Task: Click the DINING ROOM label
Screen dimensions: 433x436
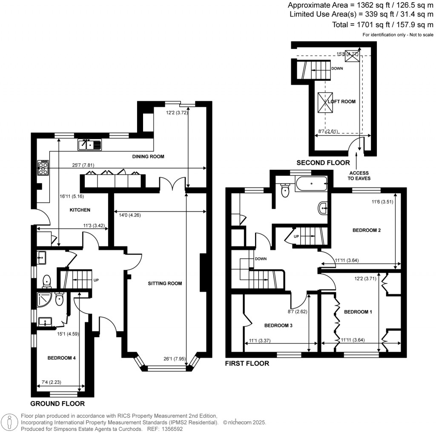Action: coord(148,157)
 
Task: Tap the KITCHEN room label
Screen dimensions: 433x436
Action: coord(80,210)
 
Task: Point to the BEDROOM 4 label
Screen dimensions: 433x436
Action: coord(61,358)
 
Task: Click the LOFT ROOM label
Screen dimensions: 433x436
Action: coord(341,102)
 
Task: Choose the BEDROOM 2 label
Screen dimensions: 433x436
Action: coord(366,230)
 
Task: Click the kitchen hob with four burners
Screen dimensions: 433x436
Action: coord(43,168)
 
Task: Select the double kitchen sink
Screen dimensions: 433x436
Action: coord(89,145)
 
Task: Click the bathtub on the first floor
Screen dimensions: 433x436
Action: coord(312,184)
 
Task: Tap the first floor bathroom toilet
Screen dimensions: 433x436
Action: coord(285,191)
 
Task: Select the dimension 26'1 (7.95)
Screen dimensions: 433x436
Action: coord(173,358)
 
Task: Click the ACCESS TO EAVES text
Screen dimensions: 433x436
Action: coord(359,176)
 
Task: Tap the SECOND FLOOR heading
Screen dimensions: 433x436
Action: coord(323,162)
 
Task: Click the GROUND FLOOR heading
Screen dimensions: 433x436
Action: coord(57,404)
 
